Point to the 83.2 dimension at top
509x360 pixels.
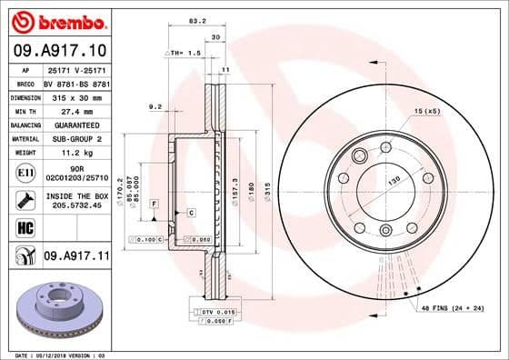195,20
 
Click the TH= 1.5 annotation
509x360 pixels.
185,54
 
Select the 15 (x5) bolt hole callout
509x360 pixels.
426,111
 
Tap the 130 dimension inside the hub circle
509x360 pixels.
394,182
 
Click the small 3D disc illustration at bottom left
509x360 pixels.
57,309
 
